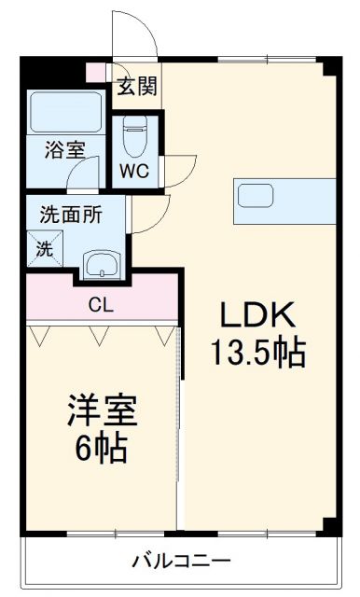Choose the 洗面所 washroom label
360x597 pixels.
[71, 211]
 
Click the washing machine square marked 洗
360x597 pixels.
[45, 248]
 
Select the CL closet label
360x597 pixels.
[101, 303]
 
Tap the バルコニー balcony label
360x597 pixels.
[181, 561]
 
